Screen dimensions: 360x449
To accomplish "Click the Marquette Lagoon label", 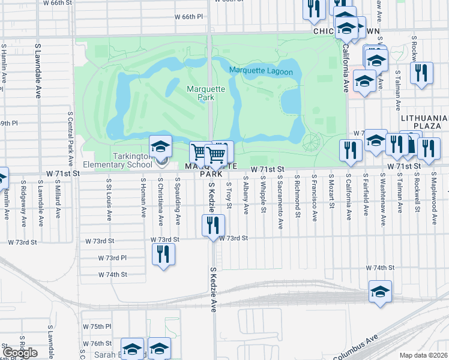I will pyautogui.click(x=261, y=72).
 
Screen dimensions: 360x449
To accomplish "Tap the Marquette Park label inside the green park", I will pyautogui.click(x=206, y=93).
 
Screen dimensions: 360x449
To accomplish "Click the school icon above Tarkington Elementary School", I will pyautogui.click(x=161, y=146).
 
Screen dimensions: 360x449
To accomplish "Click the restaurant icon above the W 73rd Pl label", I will pyautogui.click(x=163, y=254).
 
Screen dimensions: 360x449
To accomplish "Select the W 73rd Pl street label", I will pyautogui.click(x=113, y=258).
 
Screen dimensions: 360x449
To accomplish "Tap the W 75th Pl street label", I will pyautogui.click(x=97, y=326).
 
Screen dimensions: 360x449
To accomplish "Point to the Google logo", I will pyautogui.click(x=20, y=353).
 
